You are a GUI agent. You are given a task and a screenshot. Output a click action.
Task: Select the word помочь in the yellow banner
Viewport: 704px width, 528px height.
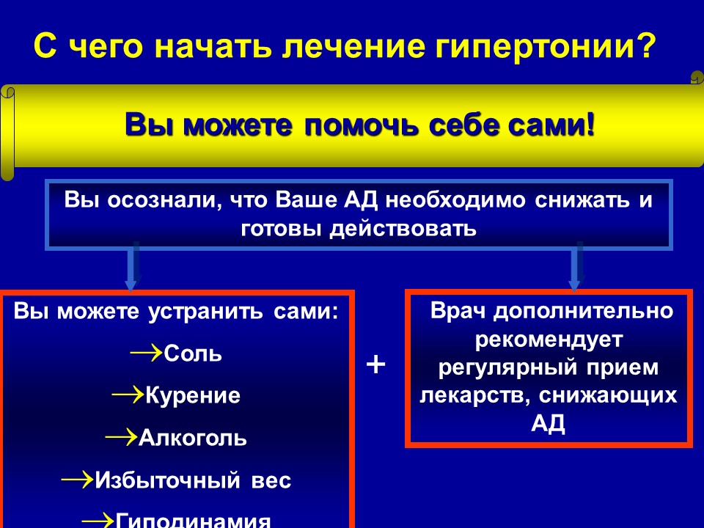pyautogui.click(x=362, y=125)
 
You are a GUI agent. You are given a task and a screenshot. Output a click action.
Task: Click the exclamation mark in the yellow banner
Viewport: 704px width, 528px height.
pyautogui.click(x=590, y=123)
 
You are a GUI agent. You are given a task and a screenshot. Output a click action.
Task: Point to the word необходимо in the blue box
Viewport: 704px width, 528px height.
pyautogui.click(x=455, y=199)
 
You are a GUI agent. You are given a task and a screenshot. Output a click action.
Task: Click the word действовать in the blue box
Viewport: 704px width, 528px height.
pyautogui.click(x=403, y=229)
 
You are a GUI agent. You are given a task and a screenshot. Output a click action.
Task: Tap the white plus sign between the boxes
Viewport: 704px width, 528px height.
pyautogui.click(x=375, y=364)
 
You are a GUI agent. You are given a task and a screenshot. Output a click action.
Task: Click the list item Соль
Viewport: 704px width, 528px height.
pyautogui.click(x=193, y=353)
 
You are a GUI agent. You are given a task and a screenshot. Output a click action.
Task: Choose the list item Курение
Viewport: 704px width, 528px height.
pyautogui.click(x=193, y=396)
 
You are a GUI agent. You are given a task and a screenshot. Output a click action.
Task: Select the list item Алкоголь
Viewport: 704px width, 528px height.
pyautogui.click(x=193, y=438)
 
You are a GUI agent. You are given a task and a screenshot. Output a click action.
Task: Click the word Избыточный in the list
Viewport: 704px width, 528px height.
pyautogui.click(x=167, y=480)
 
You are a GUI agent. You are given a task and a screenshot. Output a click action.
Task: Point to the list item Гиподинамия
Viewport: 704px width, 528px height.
pyautogui.click(x=193, y=520)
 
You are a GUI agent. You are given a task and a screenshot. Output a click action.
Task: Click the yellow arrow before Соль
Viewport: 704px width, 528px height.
pyautogui.click(x=147, y=353)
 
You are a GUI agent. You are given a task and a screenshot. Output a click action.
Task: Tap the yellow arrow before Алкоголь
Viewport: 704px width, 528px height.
pyautogui.click(x=121, y=437)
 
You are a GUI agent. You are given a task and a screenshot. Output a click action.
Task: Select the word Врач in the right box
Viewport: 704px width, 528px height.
pyautogui.click(x=458, y=311)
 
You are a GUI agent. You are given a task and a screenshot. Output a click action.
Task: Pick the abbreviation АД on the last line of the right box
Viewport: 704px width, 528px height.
pyautogui.click(x=548, y=423)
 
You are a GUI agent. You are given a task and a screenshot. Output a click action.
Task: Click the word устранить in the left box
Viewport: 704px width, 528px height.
pyautogui.click(x=205, y=312)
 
